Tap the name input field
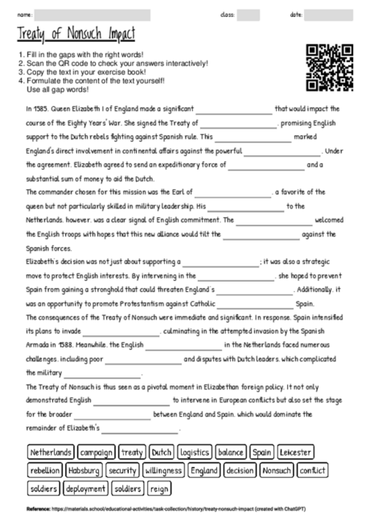92,15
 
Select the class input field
248,15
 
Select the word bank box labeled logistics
195,452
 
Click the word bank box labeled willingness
163,470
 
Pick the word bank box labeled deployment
85,488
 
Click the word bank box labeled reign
160,488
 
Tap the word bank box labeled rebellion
44,470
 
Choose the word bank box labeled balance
231,452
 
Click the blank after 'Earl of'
232,193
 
